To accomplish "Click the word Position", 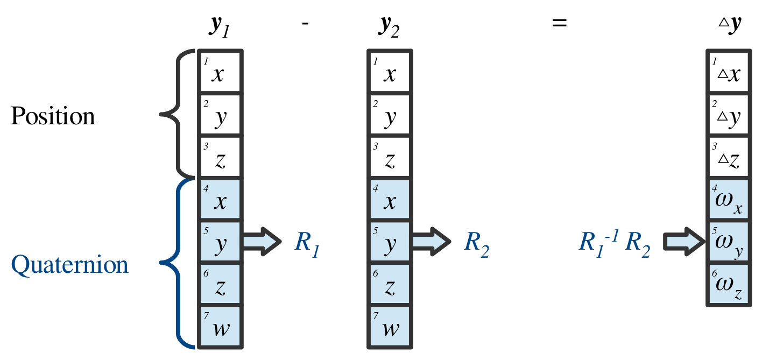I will click(x=53, y=116).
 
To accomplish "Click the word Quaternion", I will click(x=70, y=265).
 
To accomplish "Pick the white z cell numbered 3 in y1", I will click(x=221, y=158).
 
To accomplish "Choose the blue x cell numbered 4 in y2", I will click(x=390, y=200).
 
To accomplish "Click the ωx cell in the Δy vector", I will click(x=728, y=200).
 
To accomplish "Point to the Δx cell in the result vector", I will click(x=728, y=72).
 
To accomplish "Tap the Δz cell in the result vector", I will click(x=728, y=158).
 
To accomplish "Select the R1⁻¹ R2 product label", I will click(x=614, y=243).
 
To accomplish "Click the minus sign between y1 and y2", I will click(x=305, y=25).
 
